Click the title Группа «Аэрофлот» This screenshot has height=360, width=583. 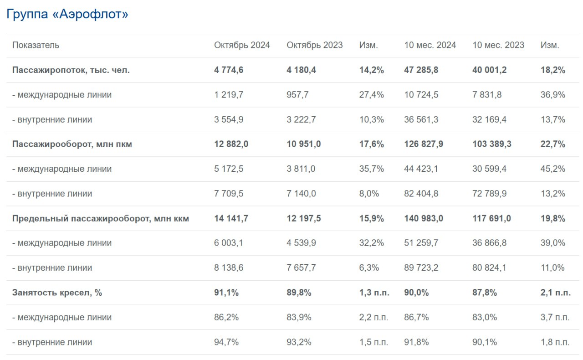click(67, 14)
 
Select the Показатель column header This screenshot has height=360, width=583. click(36, 45)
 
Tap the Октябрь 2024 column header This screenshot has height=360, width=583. click(242, 45)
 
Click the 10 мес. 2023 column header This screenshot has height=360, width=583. click(498, 45)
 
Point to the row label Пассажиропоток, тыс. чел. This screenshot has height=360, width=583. click(71, 70)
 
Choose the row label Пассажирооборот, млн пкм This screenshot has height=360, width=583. click(72, 144)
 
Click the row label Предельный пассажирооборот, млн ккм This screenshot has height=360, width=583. click(101, 218)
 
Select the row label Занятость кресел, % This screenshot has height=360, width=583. click(57, 293)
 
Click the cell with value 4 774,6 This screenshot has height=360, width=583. click(229, 70)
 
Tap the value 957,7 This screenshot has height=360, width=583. click(298, 95)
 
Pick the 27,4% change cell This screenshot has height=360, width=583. click(371, 95)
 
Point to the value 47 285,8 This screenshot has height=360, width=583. click(423, 70)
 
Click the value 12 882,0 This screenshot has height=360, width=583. click(231, 144)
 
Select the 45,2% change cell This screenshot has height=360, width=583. click(552, 169)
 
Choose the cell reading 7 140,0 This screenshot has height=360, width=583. click(301, 194)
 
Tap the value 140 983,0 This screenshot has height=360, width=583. click(424, 218)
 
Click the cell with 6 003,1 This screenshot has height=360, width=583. click(229, 243)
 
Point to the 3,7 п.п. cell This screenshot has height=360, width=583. click(555, 317)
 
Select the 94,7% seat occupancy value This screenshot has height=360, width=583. click(226, 342)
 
